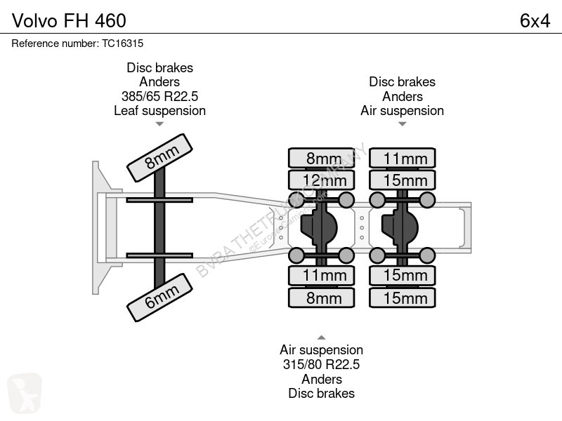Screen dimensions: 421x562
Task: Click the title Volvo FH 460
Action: (x=69, y=20)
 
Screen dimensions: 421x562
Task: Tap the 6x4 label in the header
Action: (x=535, y=20)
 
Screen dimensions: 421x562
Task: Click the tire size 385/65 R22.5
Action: (x=159, y=96)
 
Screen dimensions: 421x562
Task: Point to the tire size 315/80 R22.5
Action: (x=321, y=364)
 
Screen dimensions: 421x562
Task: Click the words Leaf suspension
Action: (x=159, y=110)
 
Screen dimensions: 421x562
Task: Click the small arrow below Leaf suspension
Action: (x=159, y=124)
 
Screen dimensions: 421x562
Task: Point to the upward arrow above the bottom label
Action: (x=321, y=337)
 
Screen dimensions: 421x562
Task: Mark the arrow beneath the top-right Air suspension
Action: (x=402, y=124)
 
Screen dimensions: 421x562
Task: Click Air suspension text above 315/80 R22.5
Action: (x=321, y=349)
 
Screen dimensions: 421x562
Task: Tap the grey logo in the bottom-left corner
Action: (x=25, y=393)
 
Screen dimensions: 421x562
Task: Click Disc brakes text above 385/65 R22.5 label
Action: (x=159, y=68)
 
